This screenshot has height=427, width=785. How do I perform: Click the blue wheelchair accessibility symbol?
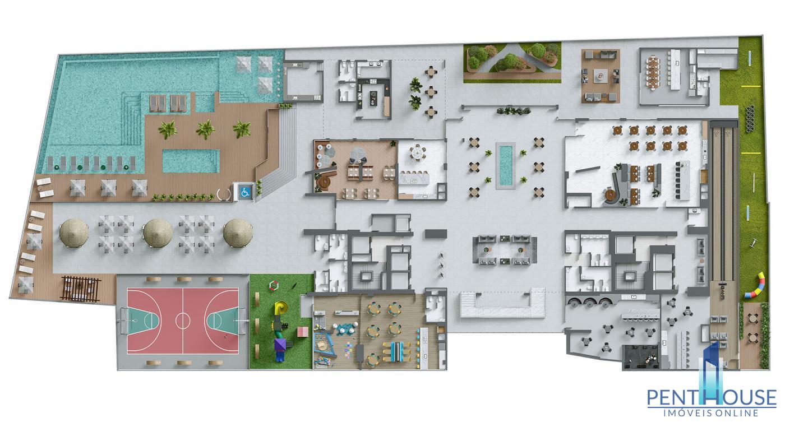coord(245,192)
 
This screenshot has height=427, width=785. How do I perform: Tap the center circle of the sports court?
coord(183,320)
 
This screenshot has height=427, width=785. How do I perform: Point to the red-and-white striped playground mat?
coord(302,331)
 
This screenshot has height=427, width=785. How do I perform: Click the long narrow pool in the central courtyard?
coord(505,165)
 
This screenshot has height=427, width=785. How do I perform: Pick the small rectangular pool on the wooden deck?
coord(191,161)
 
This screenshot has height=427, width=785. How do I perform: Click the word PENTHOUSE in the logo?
coord(712,397)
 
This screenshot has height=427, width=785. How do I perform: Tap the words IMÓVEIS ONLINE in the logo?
coord(711,413)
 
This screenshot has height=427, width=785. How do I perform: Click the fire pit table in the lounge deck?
coord(601,76)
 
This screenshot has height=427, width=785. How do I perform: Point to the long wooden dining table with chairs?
coord(653,73)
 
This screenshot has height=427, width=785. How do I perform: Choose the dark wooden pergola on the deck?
coord(81,289)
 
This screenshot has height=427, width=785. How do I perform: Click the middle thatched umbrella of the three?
coord(158,233)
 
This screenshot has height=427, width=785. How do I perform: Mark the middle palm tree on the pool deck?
coord(205,129)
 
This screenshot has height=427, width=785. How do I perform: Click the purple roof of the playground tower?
coord(280,344)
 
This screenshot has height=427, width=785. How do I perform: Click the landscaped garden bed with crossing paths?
coord(512,63)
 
